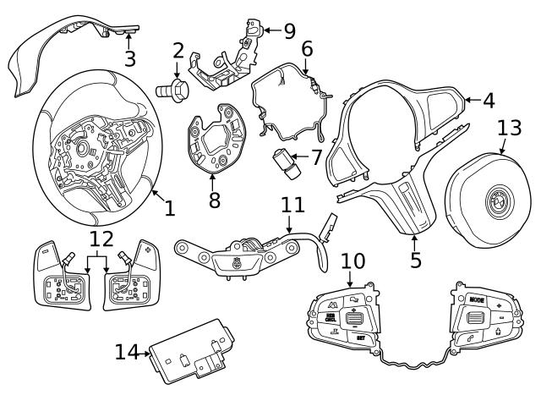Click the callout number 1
pos(169,207)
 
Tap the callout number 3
pos(129,58)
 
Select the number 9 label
pos(289,31)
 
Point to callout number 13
pos(509,128)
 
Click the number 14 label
pos(126,352)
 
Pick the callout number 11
pos(291,205)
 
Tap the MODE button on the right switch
pos(477,299)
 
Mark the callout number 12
pos(100,239)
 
